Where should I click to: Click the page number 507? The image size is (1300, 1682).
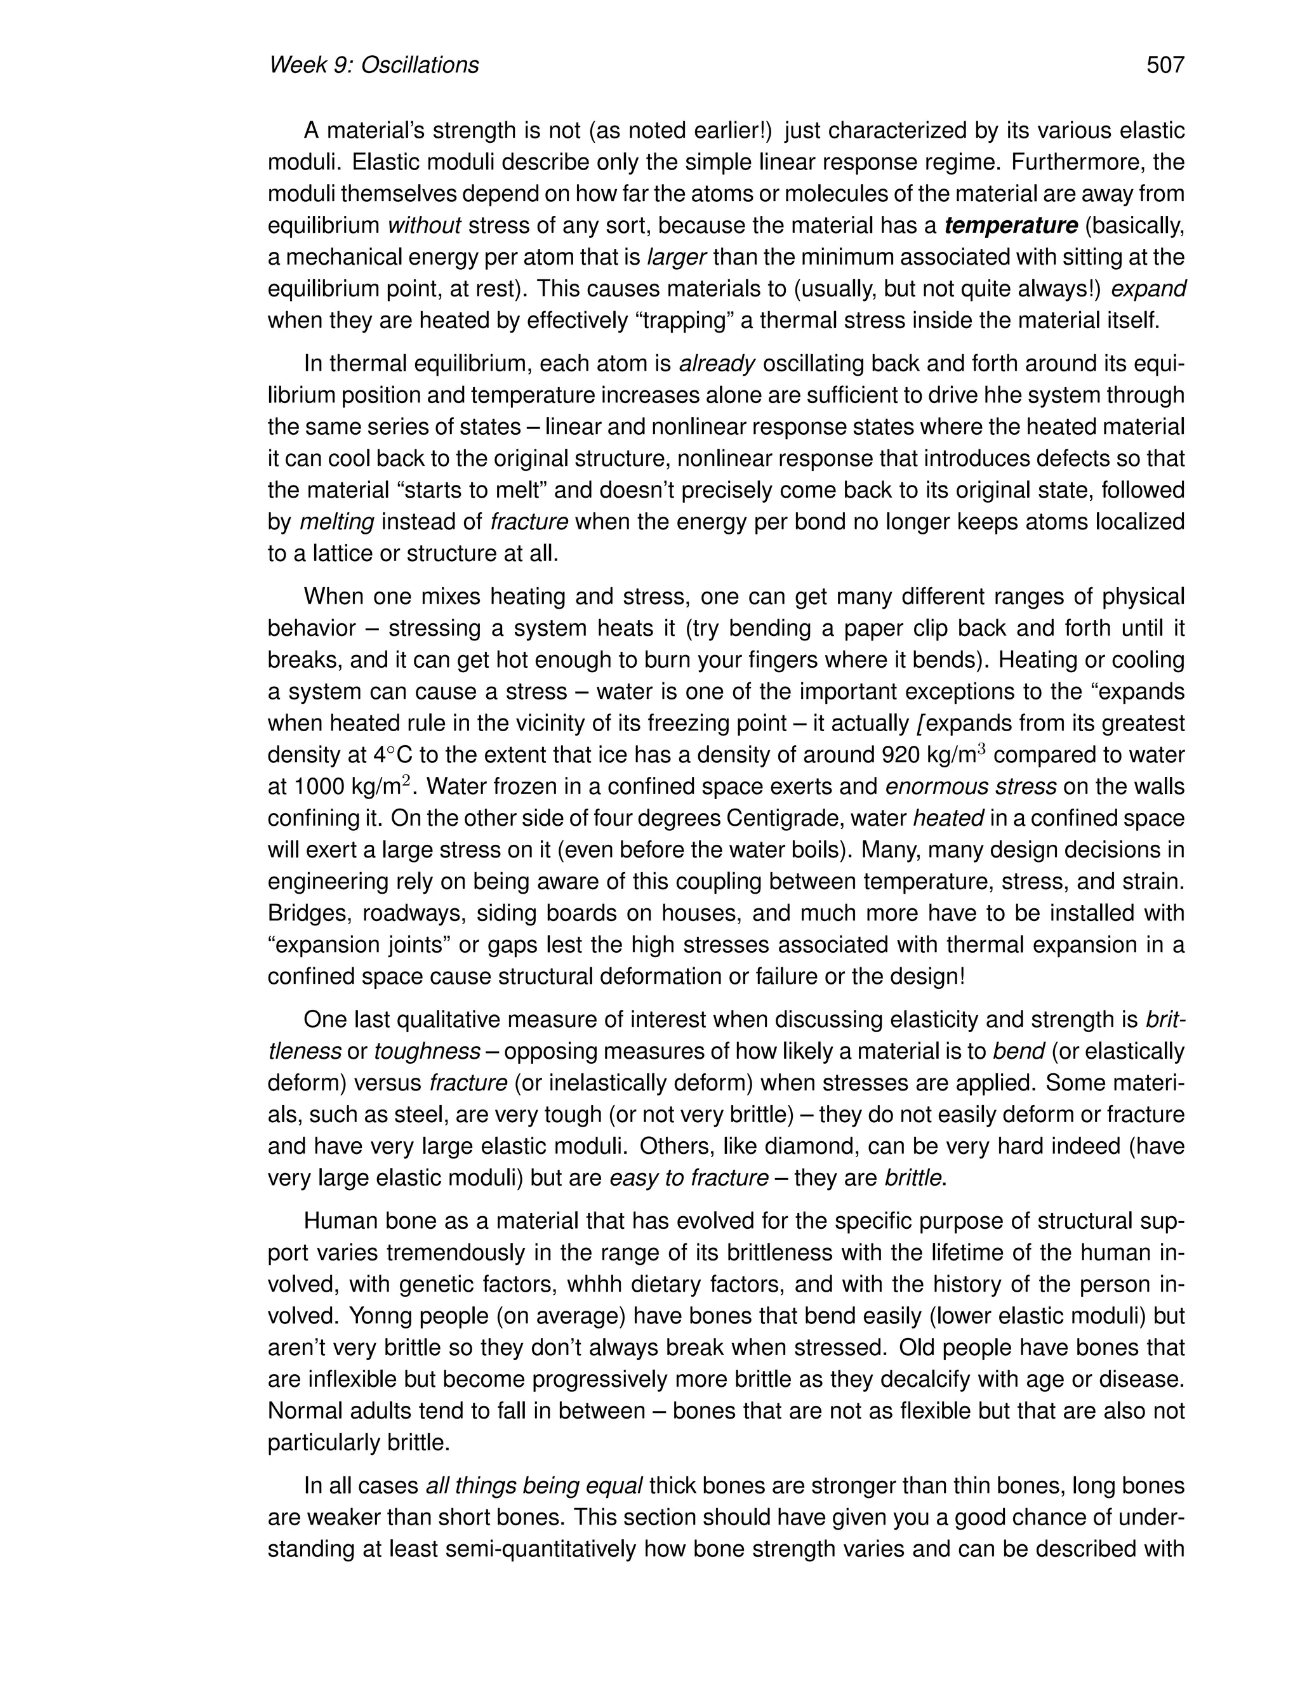point(1164,65)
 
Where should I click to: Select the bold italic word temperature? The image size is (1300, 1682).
point(1011,226)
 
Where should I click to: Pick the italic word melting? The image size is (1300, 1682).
point(336,522)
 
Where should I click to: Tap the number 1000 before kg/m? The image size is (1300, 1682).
point(318,787)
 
